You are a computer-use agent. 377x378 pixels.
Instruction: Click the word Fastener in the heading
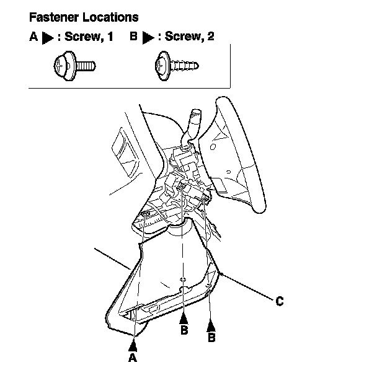pyautogui.click(x=51, y=17)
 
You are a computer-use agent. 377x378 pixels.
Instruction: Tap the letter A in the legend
pyautogui.click(x=33, y=38)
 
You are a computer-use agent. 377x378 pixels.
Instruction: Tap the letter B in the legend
pyautogui.click(x=133, y=38)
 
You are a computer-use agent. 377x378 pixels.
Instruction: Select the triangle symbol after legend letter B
pyautogui.click(x=148, y=38)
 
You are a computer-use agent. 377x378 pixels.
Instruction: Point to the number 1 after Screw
pyautogui.click(x=110, y=38)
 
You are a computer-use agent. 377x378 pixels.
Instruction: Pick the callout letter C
pyautogui.click(x=280, y=301)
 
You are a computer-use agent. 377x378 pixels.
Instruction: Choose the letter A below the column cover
pyautogui.click(x=132, y=358)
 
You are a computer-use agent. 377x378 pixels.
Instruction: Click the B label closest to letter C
pyautogui.click(x=211, y=338)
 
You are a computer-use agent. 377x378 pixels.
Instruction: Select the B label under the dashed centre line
pyautogui.click(x=184, y=330)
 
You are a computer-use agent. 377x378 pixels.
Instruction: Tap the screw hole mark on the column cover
pyautogui.click(x=182, y=279)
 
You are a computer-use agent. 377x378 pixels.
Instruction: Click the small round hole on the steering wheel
pyautogui.click(x=213, y=148)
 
